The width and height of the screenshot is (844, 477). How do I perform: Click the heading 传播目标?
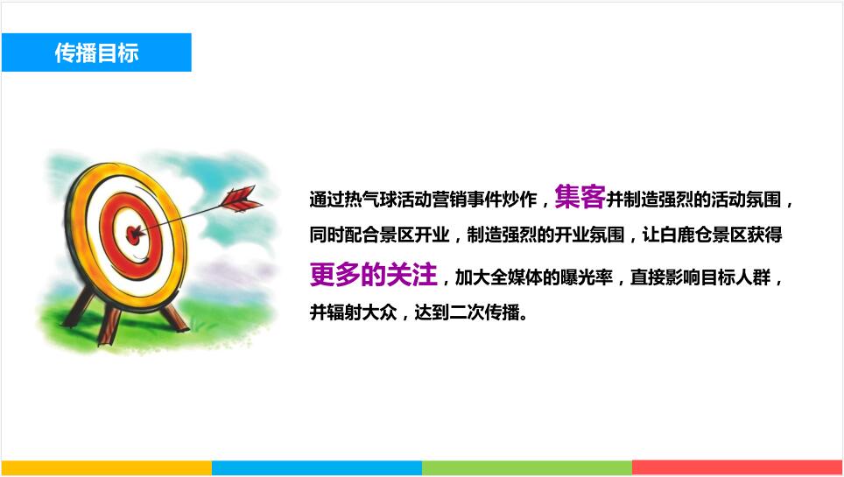[x=97, y=53]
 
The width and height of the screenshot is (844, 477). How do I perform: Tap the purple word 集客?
[x=580, y=197]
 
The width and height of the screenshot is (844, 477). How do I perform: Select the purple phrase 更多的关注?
[x=373, y=274]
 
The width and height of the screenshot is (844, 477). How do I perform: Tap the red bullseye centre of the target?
[x=134, y=235]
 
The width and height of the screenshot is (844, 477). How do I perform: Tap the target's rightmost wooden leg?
[x=176, y=319]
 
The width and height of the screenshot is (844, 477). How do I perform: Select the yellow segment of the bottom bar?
[x=107, y=467]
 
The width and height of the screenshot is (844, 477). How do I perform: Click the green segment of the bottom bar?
[x=527, y=467]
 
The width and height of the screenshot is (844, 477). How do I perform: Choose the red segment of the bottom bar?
[x=737, y=467]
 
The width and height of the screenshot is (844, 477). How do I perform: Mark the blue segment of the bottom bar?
[x=317, y=467]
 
